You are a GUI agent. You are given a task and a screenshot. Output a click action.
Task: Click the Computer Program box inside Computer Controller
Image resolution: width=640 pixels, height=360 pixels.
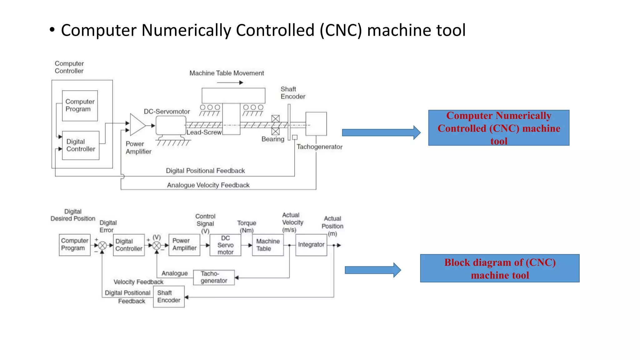click(x=80, y=106)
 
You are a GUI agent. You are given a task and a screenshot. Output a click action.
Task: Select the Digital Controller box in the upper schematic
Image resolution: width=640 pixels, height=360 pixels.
click(x=81, y=145)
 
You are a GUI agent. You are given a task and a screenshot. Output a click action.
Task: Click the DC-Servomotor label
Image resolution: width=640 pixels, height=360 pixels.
click(x=167, y=112)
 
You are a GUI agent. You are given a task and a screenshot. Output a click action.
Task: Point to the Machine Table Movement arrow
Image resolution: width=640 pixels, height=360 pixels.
click(x=230, y=82)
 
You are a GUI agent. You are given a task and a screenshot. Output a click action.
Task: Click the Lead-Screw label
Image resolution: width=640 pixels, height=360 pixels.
click(x=204, y=132)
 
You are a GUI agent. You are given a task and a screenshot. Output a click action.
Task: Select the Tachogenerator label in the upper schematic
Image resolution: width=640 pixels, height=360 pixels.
click(x=319, y=147)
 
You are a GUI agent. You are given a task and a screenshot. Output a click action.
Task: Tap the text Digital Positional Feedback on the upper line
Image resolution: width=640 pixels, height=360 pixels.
click(x=205, y=171)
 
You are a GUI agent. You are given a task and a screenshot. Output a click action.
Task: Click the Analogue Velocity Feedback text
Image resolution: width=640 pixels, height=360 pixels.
click(x=208, y=185)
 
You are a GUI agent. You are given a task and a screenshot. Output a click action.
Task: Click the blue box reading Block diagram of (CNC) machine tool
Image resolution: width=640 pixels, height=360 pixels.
click(x=499, y=268)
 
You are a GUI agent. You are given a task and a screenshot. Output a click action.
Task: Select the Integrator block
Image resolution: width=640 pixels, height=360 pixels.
click(x=311, y=245)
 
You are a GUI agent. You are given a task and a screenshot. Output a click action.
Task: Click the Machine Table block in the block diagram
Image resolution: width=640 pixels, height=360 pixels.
click(x=267, y=245)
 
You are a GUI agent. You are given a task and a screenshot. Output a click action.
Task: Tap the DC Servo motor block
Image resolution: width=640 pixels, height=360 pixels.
click(x=225, y=245)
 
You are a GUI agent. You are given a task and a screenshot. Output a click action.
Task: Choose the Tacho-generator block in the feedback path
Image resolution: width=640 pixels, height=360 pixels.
click(x=214, y=277)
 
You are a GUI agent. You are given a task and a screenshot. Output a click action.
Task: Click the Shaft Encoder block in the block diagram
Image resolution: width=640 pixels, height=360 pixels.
click(x=169, y=297)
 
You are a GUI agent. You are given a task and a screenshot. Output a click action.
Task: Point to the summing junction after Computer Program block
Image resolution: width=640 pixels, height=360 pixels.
click(x=102, y=246)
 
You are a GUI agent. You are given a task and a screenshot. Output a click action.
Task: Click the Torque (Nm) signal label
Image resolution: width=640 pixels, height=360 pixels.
click(x=247, y=227)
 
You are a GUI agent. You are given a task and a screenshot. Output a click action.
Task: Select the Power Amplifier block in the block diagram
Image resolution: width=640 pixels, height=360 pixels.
click(x=184, y=245)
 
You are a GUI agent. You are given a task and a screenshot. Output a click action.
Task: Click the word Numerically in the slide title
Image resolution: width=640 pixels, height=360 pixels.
click(x=186, y=30)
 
